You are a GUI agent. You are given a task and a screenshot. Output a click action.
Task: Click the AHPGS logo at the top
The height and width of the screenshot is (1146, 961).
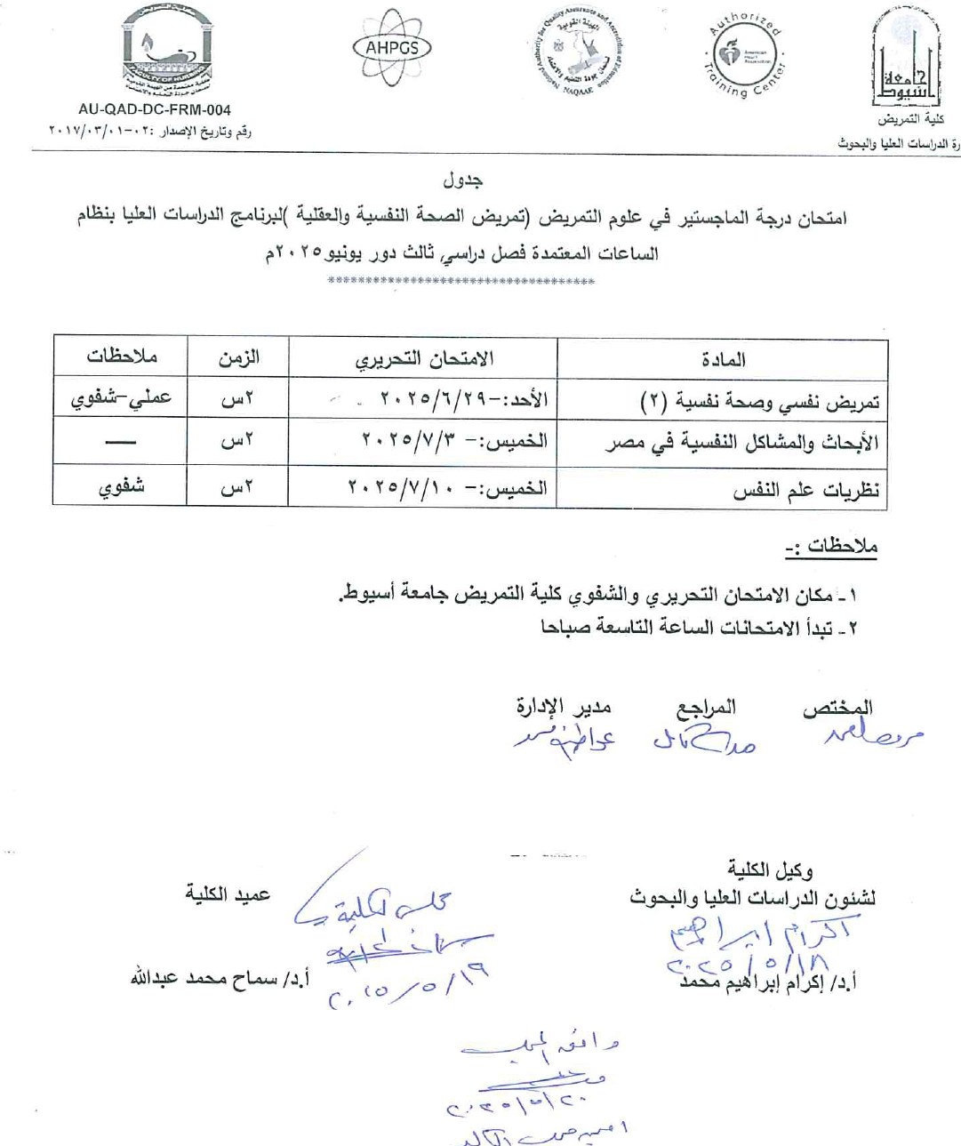click(x=392, y=48)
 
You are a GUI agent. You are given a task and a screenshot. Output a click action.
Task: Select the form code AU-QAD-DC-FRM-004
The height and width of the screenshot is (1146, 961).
click(x=155, y=110)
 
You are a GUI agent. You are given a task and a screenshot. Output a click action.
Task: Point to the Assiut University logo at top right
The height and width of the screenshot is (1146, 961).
click(x=906, y=58)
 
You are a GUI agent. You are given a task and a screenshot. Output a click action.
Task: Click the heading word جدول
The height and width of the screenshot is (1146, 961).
click(x=463, y=180)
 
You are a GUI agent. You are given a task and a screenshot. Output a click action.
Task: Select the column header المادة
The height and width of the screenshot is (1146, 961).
click(x=723, y=360)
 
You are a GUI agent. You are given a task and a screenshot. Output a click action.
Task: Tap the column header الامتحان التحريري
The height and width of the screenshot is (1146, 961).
click(x=424, y=359)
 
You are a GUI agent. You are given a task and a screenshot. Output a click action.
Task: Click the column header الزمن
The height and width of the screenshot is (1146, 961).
click(x=238, y=358)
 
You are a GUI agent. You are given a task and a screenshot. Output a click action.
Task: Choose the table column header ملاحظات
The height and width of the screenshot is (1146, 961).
click(x=121, y=357)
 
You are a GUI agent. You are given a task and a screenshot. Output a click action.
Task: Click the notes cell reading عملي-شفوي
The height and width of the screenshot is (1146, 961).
click(x=121, y=398)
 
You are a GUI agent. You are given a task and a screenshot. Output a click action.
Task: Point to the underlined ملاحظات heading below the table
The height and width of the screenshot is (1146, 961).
click(x=831, y=546)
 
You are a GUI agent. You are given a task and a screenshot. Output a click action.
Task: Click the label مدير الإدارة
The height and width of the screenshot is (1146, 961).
click(x=564, y=707)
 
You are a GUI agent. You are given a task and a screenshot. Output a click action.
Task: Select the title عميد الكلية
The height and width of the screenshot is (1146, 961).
click(x=228, y=894)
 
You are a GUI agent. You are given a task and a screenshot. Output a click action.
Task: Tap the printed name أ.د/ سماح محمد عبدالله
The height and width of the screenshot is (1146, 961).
click(x=220, y=978)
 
